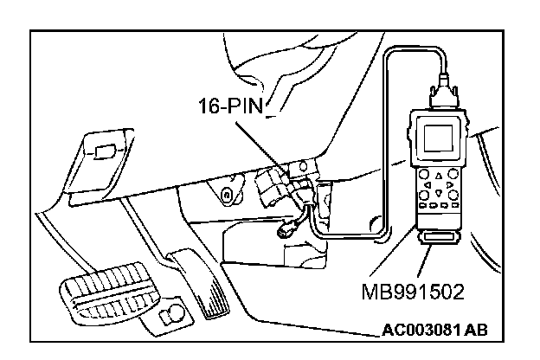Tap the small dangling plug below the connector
tap(285, 231)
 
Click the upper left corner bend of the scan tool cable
tap(390, 54)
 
